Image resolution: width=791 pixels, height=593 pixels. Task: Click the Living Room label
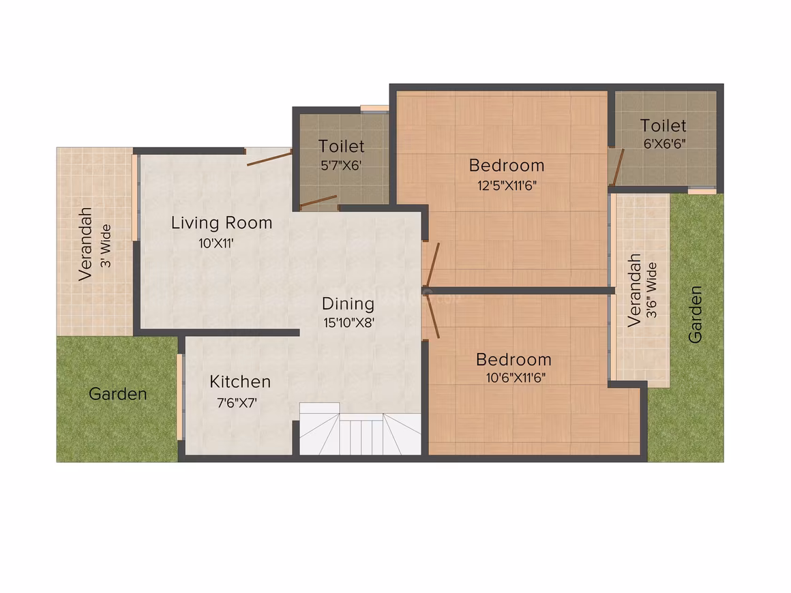222,223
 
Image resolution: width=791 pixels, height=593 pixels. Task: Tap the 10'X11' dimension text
216,243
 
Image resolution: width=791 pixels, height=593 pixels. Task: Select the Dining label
348,304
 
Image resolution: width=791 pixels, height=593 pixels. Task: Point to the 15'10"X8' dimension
348,322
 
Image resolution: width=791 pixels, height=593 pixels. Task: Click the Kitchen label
240,382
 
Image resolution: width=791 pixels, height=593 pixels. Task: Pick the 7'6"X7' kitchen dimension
237,403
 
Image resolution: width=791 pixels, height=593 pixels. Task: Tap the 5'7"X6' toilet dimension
342,166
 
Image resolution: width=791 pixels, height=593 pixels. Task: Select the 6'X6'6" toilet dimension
664,144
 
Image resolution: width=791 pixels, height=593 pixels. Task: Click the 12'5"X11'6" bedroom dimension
507,185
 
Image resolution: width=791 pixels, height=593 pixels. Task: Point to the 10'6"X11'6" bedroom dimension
516,378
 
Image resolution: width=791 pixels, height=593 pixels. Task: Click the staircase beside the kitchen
360,429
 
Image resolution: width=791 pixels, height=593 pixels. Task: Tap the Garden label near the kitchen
118,394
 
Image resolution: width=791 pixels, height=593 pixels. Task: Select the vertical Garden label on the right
695,315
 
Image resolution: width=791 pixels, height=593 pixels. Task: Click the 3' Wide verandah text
106,245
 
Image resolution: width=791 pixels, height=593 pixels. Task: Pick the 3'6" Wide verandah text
652,290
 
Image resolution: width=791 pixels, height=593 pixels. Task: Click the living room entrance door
269,157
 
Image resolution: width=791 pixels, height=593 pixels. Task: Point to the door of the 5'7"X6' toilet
318,201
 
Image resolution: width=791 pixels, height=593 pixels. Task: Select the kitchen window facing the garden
179,397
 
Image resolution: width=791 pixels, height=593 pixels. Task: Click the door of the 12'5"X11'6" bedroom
433,264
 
